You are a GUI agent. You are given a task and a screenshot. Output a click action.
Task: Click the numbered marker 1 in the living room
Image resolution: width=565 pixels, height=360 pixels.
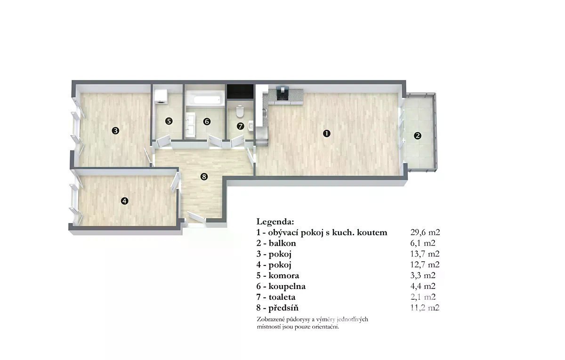click(x=327, y=133)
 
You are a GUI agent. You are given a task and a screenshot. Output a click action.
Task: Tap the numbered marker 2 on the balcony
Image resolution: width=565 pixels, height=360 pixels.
click(x=418, y=136)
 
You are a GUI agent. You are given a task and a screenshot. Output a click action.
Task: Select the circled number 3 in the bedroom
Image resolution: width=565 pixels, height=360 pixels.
click(x=115, y=131)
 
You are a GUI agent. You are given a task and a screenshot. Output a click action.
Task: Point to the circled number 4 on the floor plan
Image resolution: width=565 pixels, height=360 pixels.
click(x=125, y=201)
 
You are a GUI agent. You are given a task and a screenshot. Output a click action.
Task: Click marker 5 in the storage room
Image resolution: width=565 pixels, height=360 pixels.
click(x=169, y=121)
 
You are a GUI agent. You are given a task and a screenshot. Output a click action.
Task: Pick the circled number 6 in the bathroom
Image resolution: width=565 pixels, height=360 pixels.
click(x=207, y=122)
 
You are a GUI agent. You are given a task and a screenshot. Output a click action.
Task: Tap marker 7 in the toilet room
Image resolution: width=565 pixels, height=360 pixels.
click(x=241, y=126)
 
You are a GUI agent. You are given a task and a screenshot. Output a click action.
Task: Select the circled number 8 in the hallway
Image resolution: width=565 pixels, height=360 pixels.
click(x=204, y=176)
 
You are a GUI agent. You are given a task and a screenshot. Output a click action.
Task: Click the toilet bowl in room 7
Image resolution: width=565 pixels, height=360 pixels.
click(x=240, y=112)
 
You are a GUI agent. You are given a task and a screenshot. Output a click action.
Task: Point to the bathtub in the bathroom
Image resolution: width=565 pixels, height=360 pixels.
click(x=205, y=100)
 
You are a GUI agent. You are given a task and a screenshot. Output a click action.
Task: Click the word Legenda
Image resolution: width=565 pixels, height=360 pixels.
click(x=275, y=222)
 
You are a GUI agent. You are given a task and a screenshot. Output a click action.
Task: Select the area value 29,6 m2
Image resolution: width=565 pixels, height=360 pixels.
click(x=425, y=232)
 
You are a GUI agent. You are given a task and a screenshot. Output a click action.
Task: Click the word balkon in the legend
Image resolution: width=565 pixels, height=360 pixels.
click(x=282, y=243)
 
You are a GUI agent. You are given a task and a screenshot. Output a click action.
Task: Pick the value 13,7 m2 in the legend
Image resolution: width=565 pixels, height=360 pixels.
click(x=425, y=254)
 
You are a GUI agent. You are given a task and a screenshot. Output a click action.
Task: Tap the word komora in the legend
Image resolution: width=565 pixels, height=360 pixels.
click(x=284, y=275)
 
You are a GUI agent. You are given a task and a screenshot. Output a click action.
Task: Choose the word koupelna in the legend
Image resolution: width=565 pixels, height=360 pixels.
click(x=287, y=287)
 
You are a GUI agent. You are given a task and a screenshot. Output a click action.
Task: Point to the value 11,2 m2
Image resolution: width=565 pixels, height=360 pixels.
click(x=425, y=308)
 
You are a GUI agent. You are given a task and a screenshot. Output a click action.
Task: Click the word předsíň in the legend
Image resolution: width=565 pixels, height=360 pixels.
click(x=283, y=308)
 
